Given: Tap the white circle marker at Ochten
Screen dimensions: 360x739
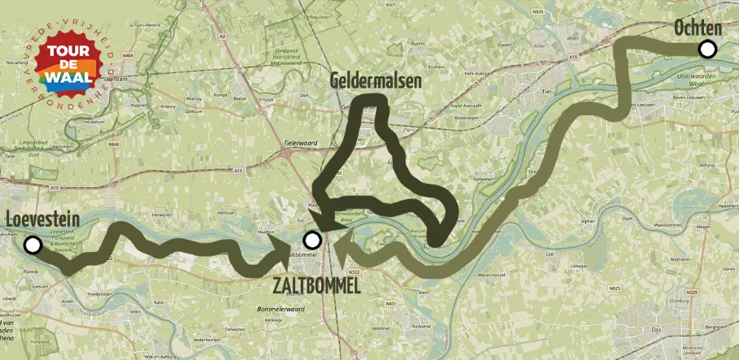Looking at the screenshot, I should (x=707, y=50).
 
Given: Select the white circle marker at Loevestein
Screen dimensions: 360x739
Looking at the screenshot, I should (x=33, y=244).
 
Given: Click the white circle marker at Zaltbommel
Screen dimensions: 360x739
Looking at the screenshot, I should (x=311, y=240).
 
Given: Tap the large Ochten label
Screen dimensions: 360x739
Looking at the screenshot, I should (x=698, y=28).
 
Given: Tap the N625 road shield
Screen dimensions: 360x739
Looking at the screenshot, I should (x=615, y=288).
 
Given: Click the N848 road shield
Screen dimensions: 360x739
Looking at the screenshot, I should (x=112, y=144).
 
